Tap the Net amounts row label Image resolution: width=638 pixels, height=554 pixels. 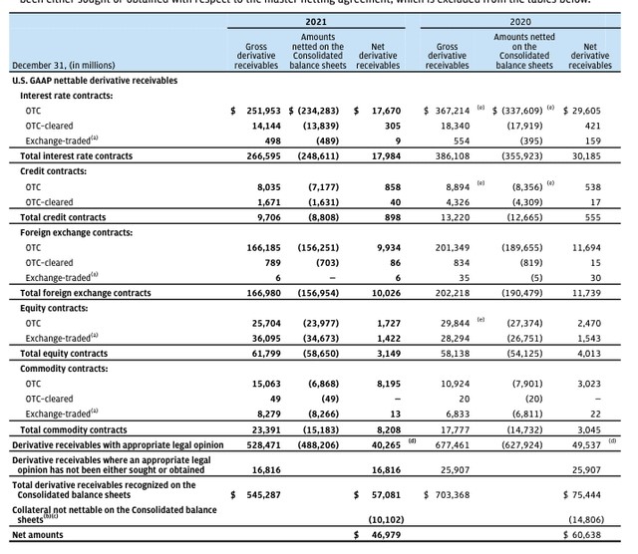coord(36,536)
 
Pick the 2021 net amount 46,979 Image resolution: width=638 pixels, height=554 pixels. coord(383,536)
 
